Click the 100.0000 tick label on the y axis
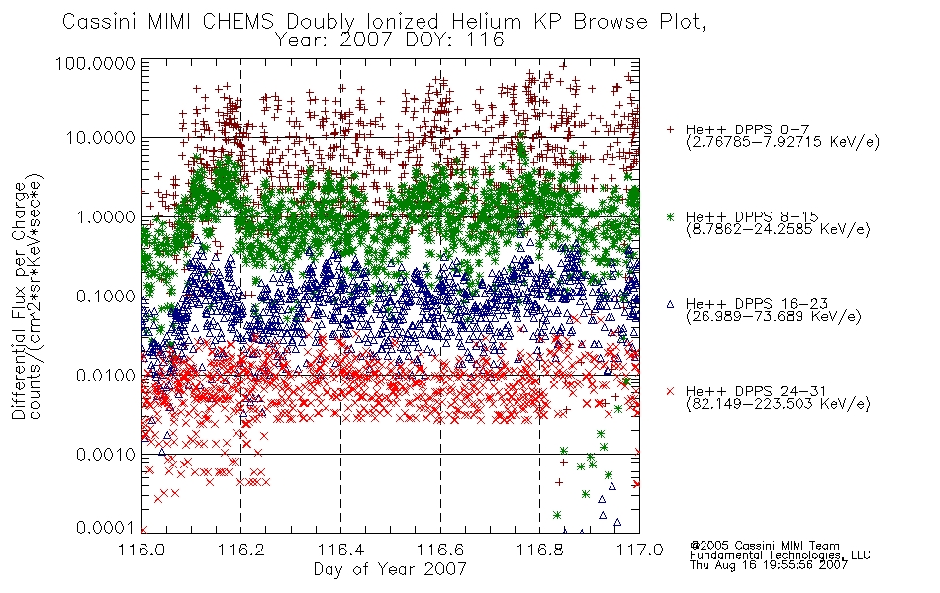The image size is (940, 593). pos(95,63)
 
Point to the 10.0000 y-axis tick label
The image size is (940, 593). pos(100,138)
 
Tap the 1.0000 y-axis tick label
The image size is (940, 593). pos(106,216)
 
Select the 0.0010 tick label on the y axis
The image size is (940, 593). pos(106,454)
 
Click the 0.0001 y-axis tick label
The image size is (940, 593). pos(106,528)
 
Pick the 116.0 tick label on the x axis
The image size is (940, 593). pos(141,550)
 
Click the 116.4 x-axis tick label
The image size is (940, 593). pos(340,550)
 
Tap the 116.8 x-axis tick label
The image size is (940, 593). pos(539,550)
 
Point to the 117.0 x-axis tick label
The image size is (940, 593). pos(639,550)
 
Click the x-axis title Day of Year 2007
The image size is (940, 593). pos(390,569)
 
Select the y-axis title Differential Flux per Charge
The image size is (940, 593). pos(20,300)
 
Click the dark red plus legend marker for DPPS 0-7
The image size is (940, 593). pos(670,129)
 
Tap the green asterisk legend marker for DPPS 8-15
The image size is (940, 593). pos(670,216)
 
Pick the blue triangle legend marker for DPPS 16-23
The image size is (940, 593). pos(670,304)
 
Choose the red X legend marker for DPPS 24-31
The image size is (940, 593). pos(670,391)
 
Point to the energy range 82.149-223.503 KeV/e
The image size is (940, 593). pos(778,404)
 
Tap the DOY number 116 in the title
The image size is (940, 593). pos(486,41)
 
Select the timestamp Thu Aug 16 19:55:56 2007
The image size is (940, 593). pos(769,565)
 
